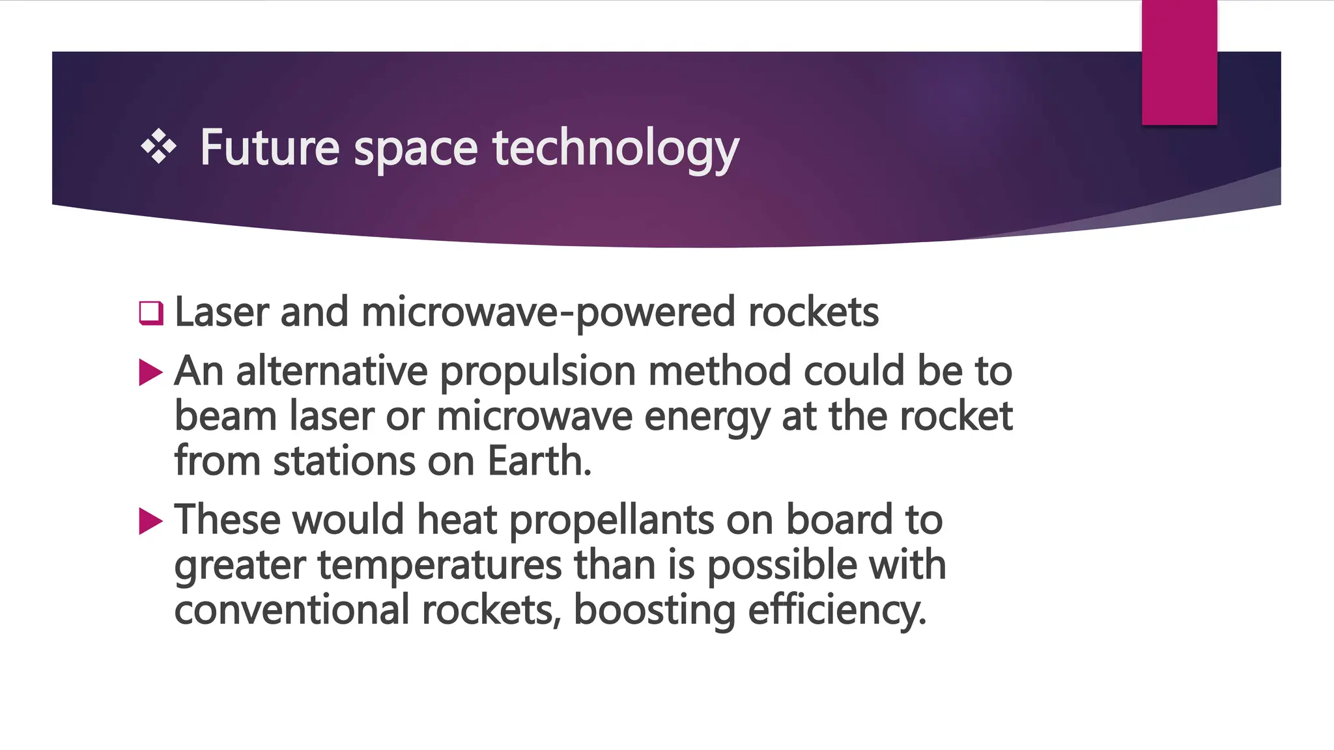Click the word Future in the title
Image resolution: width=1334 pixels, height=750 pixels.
[x=269, y=147]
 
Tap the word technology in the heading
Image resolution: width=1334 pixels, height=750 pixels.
[x=616, y=148]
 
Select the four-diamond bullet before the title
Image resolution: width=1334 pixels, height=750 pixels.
[x=158, y=146]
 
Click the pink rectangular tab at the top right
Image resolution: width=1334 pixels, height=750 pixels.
[x=1179, y=62]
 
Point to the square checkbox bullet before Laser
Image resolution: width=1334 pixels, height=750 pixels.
[x=150, y=313]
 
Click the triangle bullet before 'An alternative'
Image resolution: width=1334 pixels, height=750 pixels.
[x=150, y=372]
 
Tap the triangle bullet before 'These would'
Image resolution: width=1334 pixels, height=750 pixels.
[x=150, y=521]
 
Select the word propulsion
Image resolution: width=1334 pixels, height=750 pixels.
[x=537, y=372]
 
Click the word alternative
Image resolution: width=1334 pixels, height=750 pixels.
[x=332, y=371]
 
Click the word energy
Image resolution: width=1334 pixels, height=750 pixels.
[x=707, y=417]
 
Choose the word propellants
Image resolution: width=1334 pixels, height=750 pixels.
[x=611, y=521]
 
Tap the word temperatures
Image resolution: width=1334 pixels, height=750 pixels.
[x=440, y=565]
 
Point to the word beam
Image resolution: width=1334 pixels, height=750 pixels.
[x=225, y=416]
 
